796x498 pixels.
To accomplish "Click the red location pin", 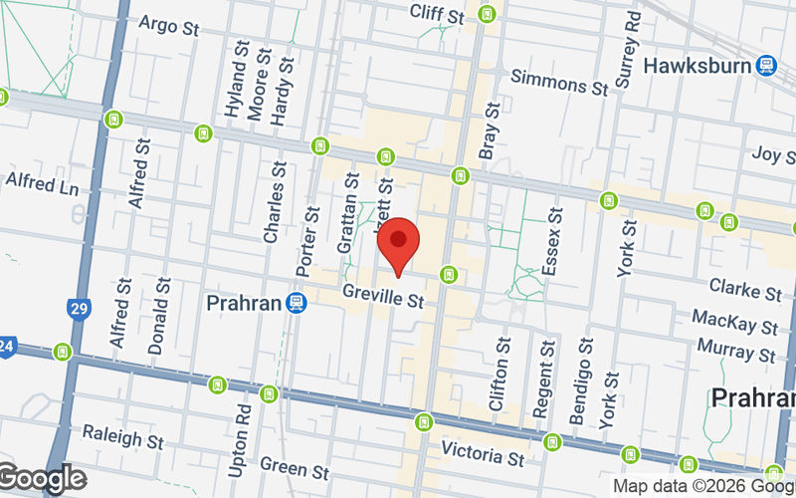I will pyautogui.click(x=398, y=242).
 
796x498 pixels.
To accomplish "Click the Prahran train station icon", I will pyautogui.click(x=296, y=302).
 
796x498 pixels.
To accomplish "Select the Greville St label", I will pyautogui.click(x=384, y=296).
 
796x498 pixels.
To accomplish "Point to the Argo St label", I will pyautogui.click(x=169, y=24).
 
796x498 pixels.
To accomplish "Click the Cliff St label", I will pyautogui.click(x=438, y=15).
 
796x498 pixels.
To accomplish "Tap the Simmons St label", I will pyautogui.click(x=558, y=83).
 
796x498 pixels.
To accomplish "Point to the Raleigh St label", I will pyautogui.click(x=122, y=438).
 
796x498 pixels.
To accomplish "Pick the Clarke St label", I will pyautogui.click(x=745, y=289).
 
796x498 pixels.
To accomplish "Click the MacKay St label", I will pyautogui.click(x=735, y=323).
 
